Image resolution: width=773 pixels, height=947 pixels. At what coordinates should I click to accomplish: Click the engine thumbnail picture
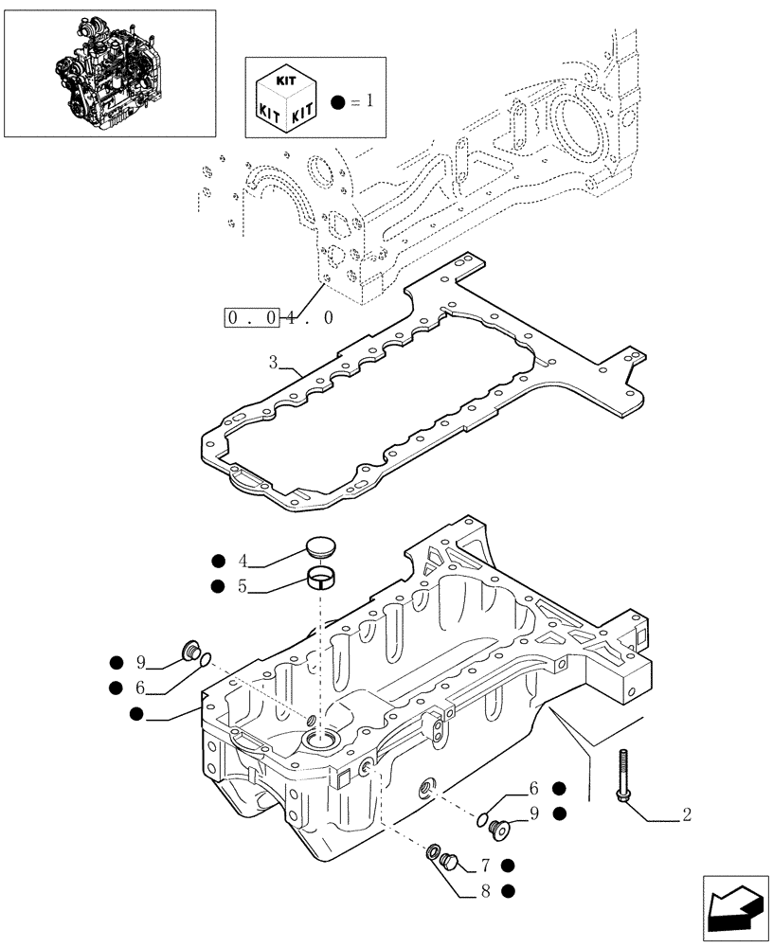(x=109, y=73)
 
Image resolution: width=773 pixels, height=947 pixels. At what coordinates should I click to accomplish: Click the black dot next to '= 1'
(x=337, y=101)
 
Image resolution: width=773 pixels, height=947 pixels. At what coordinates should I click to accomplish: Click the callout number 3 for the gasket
(x=273, y=362)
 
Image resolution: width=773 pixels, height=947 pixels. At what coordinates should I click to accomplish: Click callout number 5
(x=243, y=586)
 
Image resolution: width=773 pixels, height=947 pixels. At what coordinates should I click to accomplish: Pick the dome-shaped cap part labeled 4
(x=320, y=548)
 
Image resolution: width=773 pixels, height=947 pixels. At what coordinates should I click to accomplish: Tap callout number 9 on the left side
(x=140, y=662)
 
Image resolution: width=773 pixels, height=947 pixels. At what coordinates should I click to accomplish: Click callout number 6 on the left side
(x=140, y=688)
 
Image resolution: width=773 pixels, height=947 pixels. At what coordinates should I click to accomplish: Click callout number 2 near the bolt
(x=686, y=814)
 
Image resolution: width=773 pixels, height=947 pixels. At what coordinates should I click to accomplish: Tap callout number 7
(x=484, y=865)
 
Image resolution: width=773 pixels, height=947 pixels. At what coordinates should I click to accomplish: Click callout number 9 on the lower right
(x=535, y=813)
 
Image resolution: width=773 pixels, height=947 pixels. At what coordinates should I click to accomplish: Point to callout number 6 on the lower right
(x=535, y=788)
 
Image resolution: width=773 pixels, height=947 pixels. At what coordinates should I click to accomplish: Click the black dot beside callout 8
(x=509, y=890)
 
